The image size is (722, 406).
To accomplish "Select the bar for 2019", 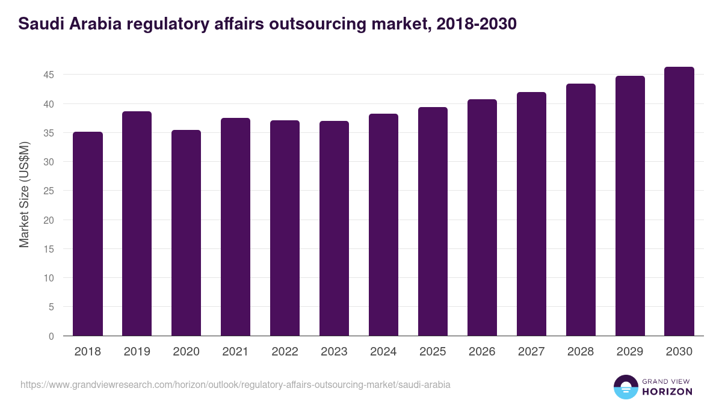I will pyautogui.click(x=137, y=223).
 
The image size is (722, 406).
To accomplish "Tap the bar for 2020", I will pyautogui.click(x=187, y=233).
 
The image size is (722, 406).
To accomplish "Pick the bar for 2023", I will pyautogui.click(x=334, y=228).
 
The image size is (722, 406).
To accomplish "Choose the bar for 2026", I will pyautogui.click(x=482, y=217).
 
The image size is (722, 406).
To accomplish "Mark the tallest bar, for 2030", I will pyautogui.click(x=679, y=201).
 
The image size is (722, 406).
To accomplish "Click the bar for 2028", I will pyautogui.click(x=581, y=209).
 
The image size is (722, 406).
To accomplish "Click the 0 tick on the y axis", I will pyautogui.click(x=51, y=336).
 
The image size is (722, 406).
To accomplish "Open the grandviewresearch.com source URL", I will pyautogui.click(x=235, y=384).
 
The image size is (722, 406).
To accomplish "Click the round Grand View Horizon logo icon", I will pyautogui.click(x=625, y=387).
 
